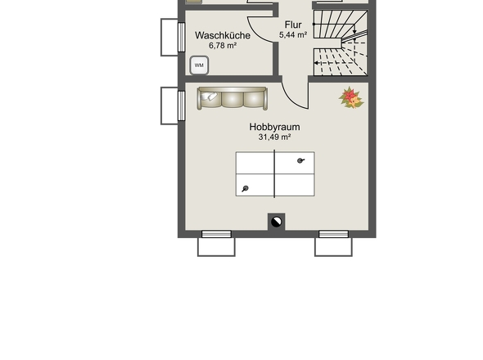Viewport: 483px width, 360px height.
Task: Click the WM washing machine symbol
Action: point(199,65)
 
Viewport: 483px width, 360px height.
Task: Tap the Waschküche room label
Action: point(223,35)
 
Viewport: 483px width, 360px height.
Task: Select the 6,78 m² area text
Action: point(223,46)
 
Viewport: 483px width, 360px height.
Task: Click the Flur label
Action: point(293,25)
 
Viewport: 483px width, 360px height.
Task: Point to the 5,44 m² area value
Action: point(293,35)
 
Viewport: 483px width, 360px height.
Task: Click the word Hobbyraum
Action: point(274,127)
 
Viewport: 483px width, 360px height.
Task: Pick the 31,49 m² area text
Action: point(274,137)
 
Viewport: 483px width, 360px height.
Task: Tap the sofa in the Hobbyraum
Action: point(232,98)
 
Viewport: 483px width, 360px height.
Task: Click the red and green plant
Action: point(351,97)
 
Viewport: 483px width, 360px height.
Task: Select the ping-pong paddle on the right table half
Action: point(300,160)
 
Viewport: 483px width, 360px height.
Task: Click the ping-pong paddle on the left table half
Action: point(246,188)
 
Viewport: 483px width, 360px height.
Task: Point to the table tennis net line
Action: point(274,173)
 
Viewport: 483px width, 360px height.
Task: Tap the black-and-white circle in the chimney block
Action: point(277,222)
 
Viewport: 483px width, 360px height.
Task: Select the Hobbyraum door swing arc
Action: point(291,100)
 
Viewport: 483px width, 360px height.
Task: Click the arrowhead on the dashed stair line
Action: point(316,63)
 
